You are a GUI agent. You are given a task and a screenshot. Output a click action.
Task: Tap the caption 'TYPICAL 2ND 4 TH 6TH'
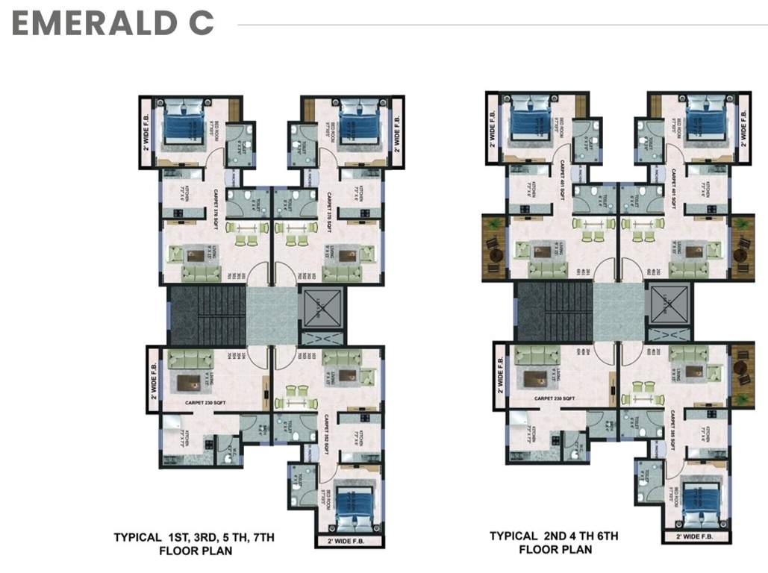[x=553, y=536]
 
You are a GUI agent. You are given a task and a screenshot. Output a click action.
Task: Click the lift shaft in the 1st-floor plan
[x=322, y=308]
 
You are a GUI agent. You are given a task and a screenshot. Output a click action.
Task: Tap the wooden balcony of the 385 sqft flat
[x=743, y=376]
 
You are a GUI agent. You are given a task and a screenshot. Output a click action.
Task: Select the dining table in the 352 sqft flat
[x=296, y=395]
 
